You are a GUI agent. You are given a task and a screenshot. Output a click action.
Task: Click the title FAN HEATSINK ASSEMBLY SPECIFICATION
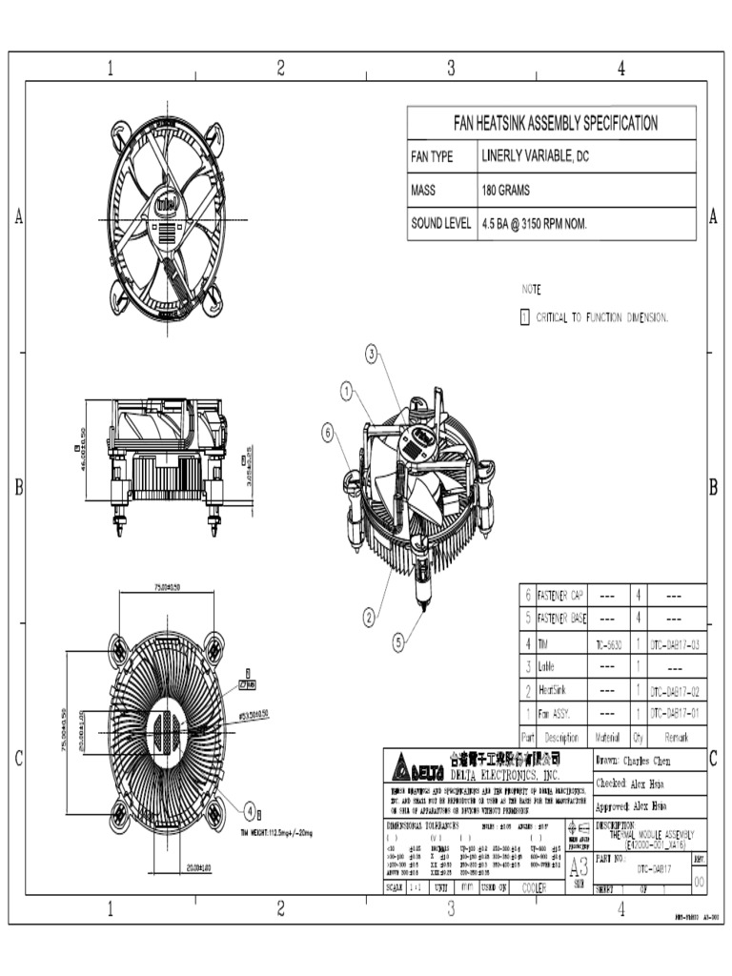point(554,123)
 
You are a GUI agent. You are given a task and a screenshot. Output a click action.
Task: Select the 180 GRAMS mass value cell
point(506,190)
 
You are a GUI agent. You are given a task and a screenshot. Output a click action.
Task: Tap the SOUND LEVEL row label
point(440,223)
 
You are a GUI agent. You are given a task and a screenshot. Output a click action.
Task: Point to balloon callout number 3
point(371,354)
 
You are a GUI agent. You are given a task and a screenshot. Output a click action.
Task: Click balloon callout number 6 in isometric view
point(328,432)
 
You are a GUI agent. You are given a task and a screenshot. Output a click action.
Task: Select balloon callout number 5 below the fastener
point(398,642)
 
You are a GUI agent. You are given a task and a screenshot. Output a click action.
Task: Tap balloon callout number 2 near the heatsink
point(369,617)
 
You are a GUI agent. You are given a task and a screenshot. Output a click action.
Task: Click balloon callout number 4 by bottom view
point(249,811)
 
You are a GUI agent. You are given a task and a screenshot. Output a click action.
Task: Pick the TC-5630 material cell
point(607,644)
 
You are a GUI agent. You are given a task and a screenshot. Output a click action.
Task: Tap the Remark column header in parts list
point(676,737)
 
